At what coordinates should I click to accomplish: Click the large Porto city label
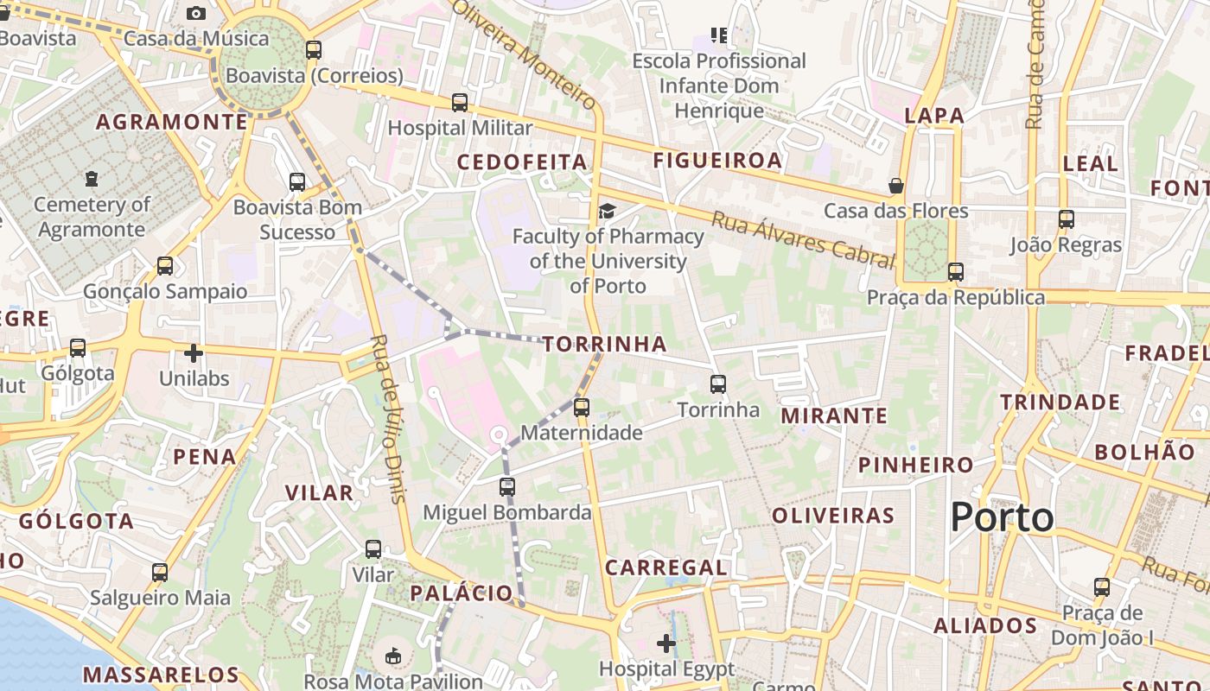point(1002,517)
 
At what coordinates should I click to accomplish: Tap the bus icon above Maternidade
point(582,407)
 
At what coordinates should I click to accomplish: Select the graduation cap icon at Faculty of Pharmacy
point(608,212)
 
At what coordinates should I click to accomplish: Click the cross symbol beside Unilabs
point(194,353)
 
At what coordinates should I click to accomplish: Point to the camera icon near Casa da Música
point(196,13)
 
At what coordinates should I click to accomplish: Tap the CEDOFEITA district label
point(522,162)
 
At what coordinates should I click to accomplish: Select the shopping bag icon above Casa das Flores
point(896,186)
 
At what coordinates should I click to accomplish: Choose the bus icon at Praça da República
point(955,272)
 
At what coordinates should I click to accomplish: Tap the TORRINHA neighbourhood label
point(605,345)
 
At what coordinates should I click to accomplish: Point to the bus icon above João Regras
point(1066,219)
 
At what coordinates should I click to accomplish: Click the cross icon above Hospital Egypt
point(666,643)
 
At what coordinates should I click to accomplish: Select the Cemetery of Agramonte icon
point(92,180)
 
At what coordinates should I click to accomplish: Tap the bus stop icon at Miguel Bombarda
point(507,487)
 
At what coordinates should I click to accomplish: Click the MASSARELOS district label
point(161,674)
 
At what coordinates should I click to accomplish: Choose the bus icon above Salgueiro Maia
point(160,572)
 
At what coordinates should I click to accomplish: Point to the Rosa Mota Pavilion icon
point(394,656)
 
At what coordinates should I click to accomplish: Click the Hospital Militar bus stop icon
point(460,103)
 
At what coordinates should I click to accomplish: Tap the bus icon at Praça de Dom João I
point(1102,587)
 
